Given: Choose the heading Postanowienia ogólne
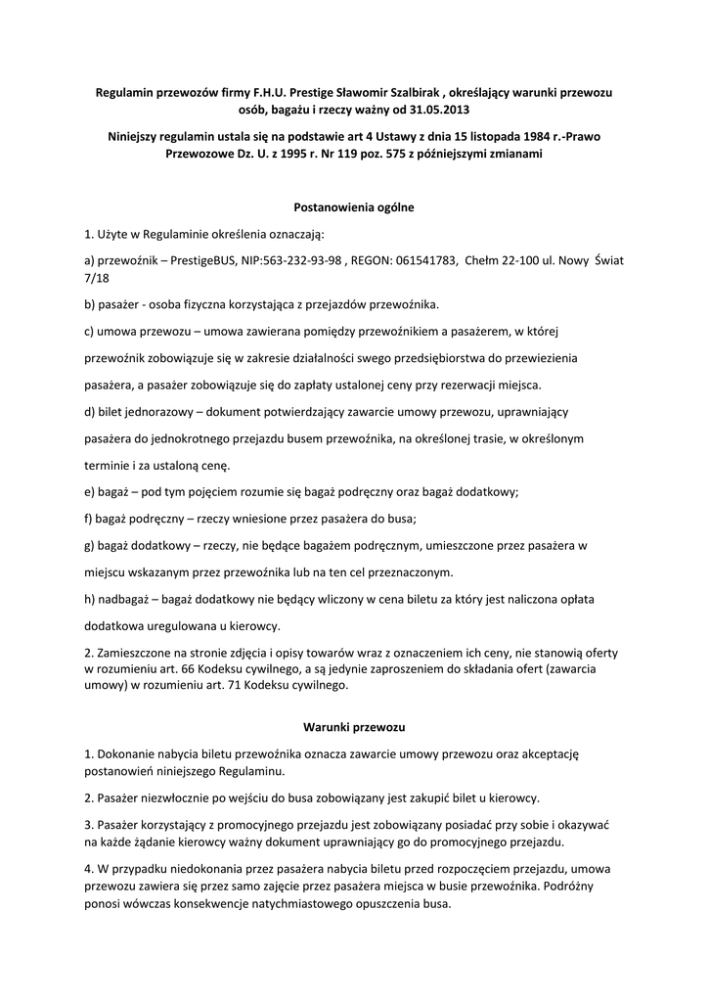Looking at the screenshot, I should point(354,207).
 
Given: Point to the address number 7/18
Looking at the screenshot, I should point(97,278).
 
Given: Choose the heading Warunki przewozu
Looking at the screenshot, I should point(354,728).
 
